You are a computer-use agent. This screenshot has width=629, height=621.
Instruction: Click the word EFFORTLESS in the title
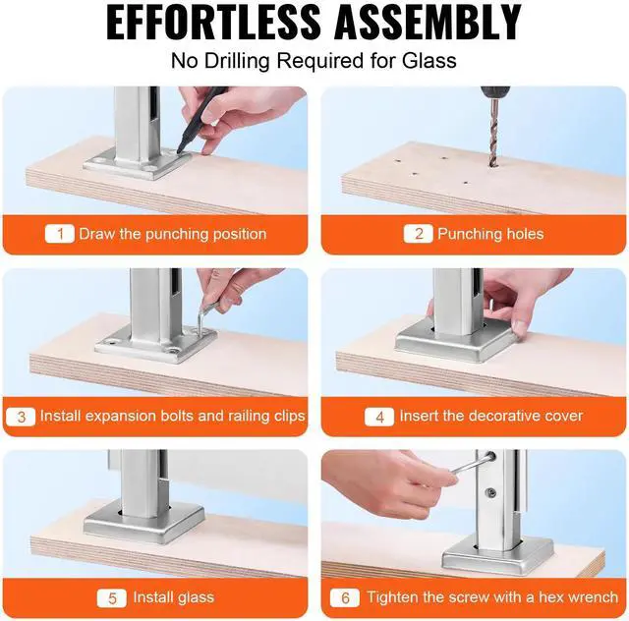(213, 22)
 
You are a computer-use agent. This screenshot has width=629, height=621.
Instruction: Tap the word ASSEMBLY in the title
(428, 22)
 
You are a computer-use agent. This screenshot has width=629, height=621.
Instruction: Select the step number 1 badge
(60, 234)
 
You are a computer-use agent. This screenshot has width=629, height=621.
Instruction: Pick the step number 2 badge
(419, 234)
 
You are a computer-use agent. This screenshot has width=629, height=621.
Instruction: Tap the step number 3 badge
(21, 417)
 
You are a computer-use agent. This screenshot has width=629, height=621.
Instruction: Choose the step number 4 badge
(379, 417)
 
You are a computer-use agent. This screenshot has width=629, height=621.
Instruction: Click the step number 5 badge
(111, 598)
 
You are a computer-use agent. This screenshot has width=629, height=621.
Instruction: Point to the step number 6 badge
(345, 598)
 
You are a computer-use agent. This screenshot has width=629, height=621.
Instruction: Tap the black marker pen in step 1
(200, 120)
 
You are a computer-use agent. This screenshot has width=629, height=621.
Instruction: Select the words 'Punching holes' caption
(490, 234)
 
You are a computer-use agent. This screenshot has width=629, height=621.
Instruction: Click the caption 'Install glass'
(173, 597)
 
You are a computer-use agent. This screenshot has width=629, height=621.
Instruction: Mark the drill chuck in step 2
(495, 92)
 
